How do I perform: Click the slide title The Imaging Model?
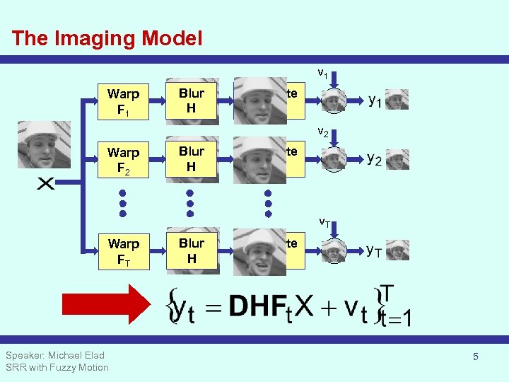click(107, 38)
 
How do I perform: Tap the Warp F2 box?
click(123, 160)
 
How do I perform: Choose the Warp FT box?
click(123, 251)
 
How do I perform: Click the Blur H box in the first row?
click(191, 101)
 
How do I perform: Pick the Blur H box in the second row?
click(191, 159)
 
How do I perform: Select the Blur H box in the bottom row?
click(191, 250)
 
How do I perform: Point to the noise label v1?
click(322, 72)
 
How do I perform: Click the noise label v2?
click(322, 131)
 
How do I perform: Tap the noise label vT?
click(324, 221)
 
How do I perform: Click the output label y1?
click(375, 100)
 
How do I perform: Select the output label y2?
click(375, 159)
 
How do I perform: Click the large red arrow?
click(106, 303)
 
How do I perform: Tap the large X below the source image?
click(45, 184)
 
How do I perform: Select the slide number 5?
click(475, 357)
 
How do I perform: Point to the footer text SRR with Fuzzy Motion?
click(57, 367)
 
